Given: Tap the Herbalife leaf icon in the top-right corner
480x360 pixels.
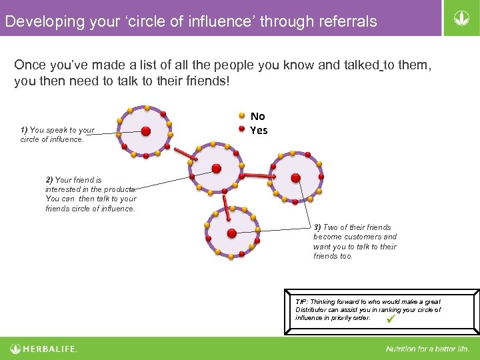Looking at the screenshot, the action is pos(460,18).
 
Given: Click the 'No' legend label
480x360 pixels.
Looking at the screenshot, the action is pos(257,116).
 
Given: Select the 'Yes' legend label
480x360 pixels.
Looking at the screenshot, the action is pos(259,130).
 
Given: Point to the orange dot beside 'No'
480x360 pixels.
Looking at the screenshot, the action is pos(242,115).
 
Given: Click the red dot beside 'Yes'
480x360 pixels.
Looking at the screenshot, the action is pos(242,129).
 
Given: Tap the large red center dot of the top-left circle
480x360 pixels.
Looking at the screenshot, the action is pos(145,131).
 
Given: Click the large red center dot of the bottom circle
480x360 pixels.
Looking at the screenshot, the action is pos(231,233).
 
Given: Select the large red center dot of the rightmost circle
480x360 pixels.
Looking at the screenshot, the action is pos(296,178).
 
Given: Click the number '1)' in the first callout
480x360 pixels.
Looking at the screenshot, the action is pos(24,130).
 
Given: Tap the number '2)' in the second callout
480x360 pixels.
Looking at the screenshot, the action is pos(49,180).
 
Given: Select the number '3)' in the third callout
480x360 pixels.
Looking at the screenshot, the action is pos(317,227).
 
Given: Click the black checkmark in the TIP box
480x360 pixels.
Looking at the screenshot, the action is pos(391,319).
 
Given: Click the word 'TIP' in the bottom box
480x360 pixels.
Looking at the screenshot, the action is pos(301,302).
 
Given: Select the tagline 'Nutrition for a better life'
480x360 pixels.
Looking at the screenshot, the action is pos(427,349).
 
